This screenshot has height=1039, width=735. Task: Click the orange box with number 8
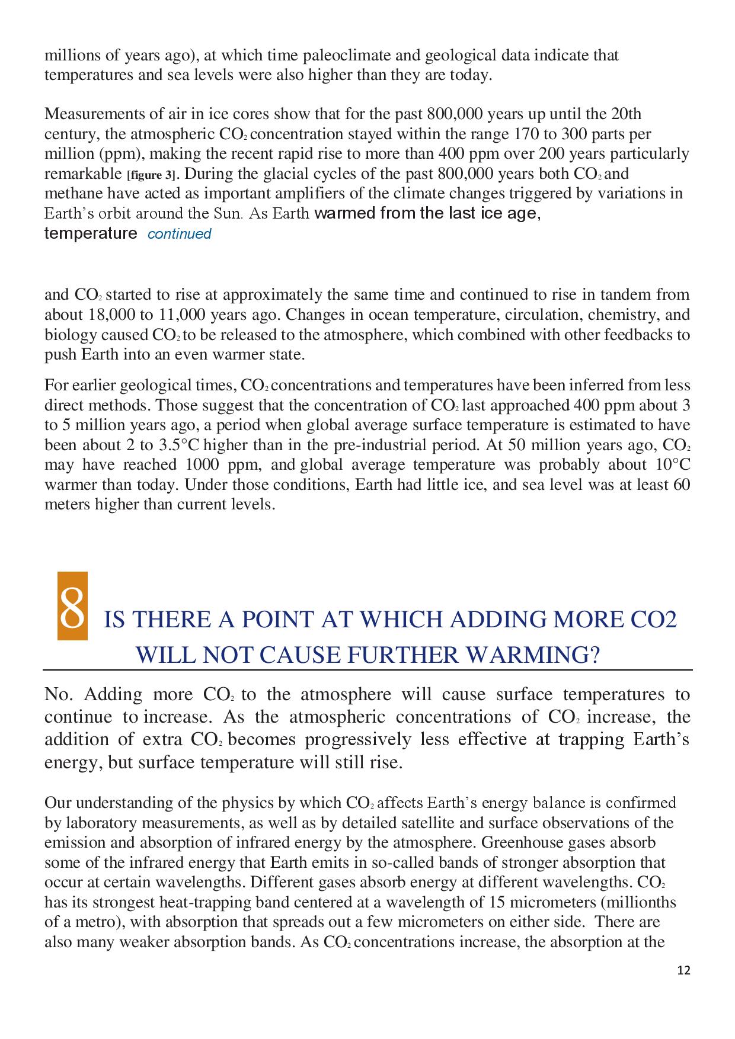tap(72, 606)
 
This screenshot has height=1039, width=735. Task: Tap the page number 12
tap(683, 970)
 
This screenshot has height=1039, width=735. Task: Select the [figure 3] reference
tap(153, 175)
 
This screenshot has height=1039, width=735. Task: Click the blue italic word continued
tap(179, 234)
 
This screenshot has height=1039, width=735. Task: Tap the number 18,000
tap(112, 315)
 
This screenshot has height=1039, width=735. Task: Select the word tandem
tap(599, 294)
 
